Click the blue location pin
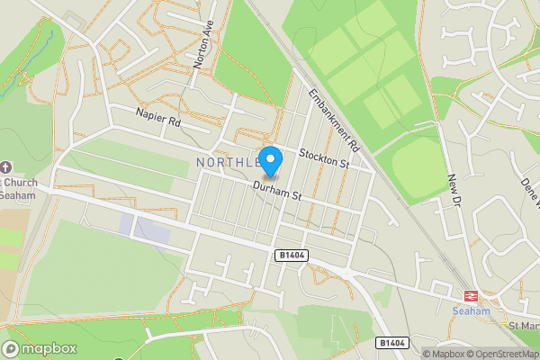tap(270, 159)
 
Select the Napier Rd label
tap(158, 115)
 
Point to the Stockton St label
tap(323, 157)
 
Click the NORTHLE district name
tap(227, 163)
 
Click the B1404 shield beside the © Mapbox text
tap(391, 343)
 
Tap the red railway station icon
tap(469, 296)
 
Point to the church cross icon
tap(6, 167)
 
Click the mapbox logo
tap(39, 347)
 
